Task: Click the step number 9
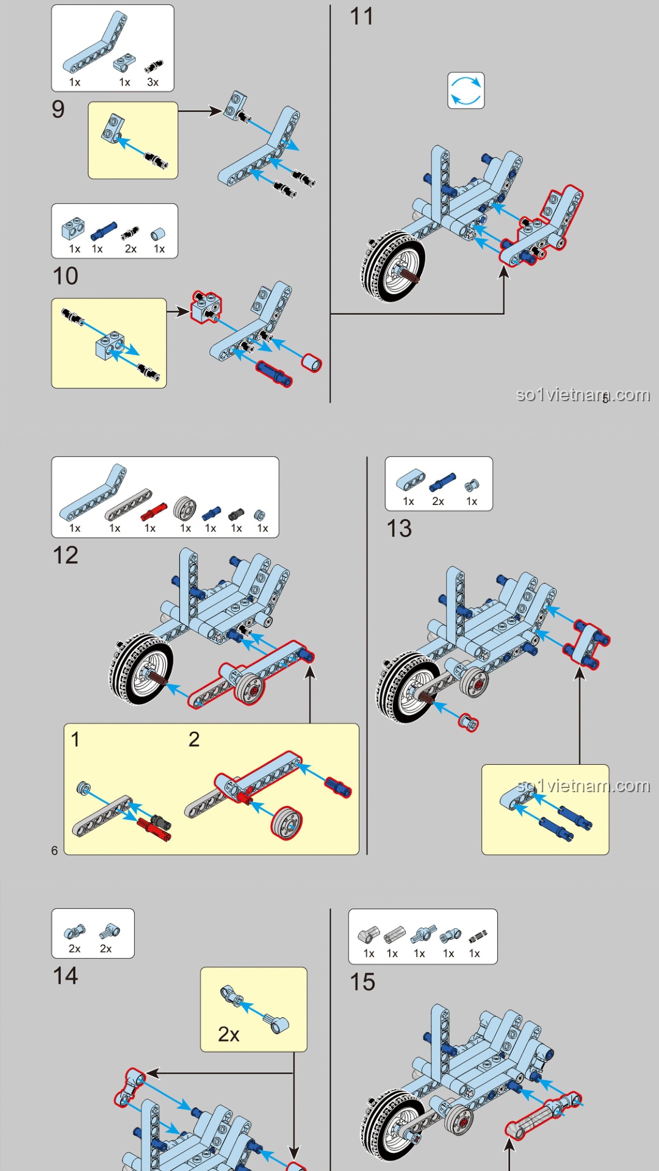coord(58,109)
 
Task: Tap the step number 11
coord(361,16)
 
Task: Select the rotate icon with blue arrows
coord(466,90)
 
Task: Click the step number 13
coord(399,528)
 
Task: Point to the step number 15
coord(362,982)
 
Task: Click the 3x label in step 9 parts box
coord(153,82)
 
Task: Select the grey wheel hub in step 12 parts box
coord(185,508)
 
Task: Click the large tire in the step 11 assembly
coord(392,267)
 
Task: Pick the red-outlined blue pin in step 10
coord(274,373)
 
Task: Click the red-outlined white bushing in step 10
coord(311,362)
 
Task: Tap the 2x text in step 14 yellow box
coord(228,1034)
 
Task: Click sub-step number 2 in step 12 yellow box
coord(194,739)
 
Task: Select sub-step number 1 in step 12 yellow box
coord(75,739)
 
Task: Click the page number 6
coord(54,850)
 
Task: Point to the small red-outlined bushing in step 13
coord(469,723)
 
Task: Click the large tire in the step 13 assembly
coord(406,688)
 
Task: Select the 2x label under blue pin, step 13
coord(438,501)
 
